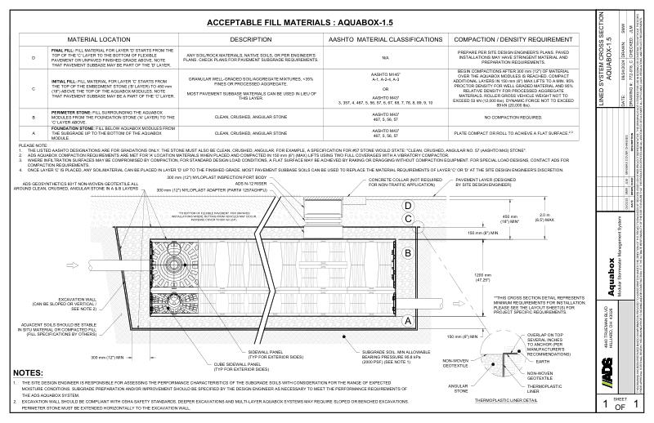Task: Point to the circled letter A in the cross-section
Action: [406, 321]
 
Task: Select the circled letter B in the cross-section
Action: [406, 253]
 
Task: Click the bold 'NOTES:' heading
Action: [30, 372]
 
